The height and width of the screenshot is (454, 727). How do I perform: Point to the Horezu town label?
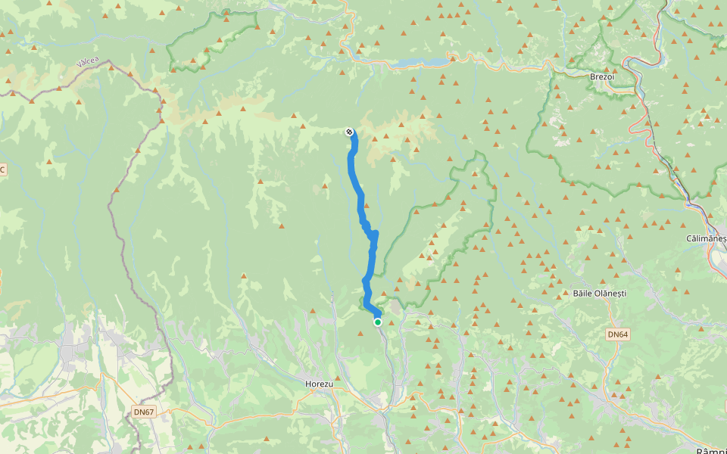pos(319,384)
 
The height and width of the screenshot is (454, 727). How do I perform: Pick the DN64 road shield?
pos(618,334)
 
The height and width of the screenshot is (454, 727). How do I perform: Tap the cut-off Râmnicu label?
pos(712,449)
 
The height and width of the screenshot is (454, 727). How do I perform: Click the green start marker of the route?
pos(378,322)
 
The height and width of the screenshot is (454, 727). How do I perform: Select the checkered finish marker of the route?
pos(349,132)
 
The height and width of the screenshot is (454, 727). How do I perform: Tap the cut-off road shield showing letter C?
pos(2,169)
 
